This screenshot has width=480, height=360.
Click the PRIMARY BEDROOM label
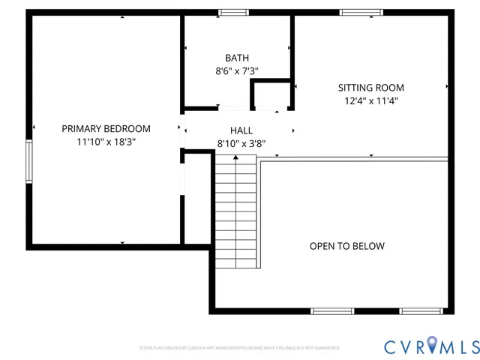(106, 128)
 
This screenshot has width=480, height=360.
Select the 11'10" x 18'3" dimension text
(106, 141)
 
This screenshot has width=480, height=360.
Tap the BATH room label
(237, 58)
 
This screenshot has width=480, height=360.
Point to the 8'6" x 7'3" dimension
(237, 71)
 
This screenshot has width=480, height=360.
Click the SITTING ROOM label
(370, 87)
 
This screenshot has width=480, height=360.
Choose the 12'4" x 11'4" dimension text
(370, 100)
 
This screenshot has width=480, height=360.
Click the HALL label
(241, 130)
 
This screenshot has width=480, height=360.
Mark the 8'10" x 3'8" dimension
(241, 143)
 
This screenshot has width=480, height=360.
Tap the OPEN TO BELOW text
(347, 246)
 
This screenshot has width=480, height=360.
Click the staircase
(236, 214)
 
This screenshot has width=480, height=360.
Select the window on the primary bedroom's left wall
(29, 160)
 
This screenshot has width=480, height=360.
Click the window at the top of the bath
(233, 12)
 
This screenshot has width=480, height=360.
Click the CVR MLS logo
(430, 346)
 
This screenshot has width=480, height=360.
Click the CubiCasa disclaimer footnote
(240, 348)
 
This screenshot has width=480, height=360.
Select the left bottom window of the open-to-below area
(332, 310)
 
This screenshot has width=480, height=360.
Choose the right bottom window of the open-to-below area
(421, 310)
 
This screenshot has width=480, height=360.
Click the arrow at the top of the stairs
(236, 157)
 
